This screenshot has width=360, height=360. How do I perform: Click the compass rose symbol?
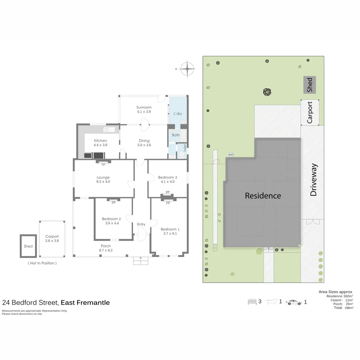187,69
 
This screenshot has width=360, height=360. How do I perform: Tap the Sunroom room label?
144,107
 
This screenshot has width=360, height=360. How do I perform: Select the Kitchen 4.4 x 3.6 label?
100,143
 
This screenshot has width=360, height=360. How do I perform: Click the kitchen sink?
109,130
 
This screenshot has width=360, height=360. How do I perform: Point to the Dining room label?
144,141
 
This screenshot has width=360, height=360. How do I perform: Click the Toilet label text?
185,148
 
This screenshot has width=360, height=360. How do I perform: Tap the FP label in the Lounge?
103,165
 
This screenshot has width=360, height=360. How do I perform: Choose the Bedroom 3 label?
168,177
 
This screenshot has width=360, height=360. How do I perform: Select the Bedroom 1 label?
170,229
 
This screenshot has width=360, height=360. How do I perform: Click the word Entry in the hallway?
141,224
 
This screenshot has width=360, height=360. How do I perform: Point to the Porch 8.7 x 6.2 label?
106,248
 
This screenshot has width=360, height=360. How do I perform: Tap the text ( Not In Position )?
42,263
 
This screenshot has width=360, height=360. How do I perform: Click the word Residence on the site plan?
263,196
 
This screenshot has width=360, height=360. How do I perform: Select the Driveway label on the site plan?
313,180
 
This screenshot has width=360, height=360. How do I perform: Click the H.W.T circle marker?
231,155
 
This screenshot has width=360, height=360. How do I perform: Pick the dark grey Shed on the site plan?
310,85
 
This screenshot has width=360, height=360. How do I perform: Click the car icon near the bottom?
294,302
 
